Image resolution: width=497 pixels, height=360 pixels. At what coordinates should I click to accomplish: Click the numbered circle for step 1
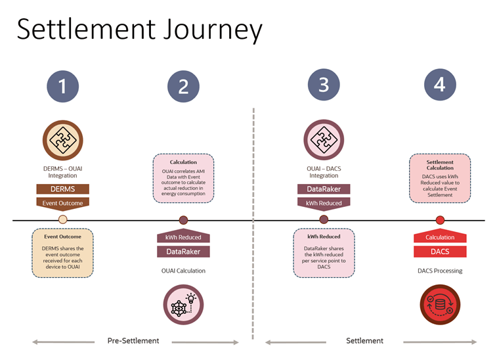(62, 86)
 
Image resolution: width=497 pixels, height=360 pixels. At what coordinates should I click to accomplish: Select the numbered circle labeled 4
(440, 86)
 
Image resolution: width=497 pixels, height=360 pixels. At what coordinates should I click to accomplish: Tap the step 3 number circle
(324, 86)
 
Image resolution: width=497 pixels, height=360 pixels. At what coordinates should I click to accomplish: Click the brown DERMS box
(63, 189)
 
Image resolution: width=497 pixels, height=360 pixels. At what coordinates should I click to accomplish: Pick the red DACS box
(440, 252)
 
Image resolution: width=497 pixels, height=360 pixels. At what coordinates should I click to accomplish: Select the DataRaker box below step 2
(183, 252)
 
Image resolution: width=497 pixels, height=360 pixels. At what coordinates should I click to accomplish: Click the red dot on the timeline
(440, 220)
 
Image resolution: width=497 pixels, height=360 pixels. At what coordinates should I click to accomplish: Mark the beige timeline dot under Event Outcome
(63, 220)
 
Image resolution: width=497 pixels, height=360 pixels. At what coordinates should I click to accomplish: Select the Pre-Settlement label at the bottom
(134, 340)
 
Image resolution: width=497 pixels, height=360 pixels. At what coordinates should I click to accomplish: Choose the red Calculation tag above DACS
(440, 237)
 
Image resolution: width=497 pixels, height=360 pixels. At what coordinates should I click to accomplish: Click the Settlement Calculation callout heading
(440, 164)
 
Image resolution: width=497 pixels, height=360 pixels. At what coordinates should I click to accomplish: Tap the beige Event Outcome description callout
(63, 252)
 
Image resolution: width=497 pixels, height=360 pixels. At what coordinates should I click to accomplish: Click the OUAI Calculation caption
(183, 271)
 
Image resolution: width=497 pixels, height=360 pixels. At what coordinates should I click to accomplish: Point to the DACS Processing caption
(440, 271)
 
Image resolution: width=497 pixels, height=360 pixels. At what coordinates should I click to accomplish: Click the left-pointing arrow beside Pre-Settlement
(62, 342)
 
